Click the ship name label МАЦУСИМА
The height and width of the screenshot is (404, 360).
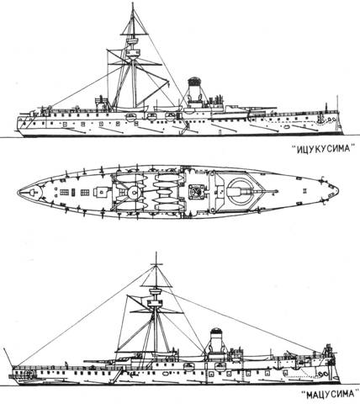tap(330, 395)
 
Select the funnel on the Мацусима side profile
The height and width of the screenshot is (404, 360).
tap(215, 340)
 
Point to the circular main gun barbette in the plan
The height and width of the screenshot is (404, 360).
tap(239, 191)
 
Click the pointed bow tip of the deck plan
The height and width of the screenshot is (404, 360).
tap(338, 191)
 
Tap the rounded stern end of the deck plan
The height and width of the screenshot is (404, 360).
tap(18, 192)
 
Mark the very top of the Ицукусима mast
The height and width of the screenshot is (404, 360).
tap(133, 3)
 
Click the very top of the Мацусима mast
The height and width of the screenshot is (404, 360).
tap(156, 252)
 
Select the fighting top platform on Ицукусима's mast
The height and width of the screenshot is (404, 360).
tap(133, 52)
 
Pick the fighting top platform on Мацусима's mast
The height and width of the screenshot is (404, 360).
tap(155, 303)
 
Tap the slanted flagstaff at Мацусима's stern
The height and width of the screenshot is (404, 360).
tap(8, 357)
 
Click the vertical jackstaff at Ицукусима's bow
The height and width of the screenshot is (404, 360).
tap(337, 104)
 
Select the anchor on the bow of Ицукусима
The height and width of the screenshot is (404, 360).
tap(320, 120)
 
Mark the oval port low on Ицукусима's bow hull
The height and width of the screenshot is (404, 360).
tap(287, 127)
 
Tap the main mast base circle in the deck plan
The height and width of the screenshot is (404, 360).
tap(135, 192)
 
